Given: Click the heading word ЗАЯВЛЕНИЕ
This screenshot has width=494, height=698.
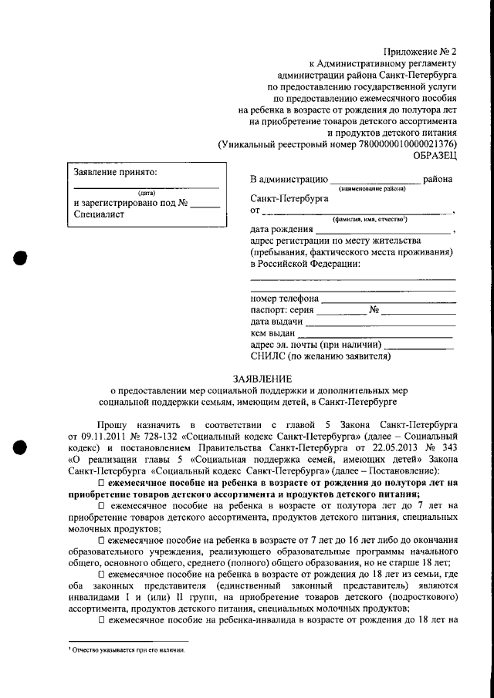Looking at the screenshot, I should pos(262,378).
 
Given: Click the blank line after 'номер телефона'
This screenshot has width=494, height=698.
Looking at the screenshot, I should pos(388,299).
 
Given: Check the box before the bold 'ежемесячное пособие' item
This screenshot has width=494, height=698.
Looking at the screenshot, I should pos(101,483).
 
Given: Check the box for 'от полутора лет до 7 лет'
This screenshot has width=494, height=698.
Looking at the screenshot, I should pos(101,505).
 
